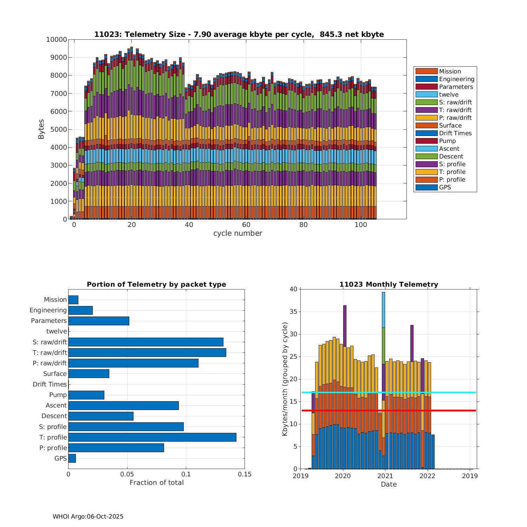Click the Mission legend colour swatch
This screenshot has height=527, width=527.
(x=427, y=71)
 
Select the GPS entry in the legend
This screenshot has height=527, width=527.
(x=445, y=187)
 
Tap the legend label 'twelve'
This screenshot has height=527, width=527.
(x=449, y=95)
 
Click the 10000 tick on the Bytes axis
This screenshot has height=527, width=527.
(x=57, y=39)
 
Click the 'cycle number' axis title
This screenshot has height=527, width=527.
(x=238, y=233)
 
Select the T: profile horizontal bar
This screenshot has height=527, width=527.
(x=152, y=437)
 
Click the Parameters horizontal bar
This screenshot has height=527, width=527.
(x=99, y=321)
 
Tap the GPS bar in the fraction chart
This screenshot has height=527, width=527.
(x=72, y=458)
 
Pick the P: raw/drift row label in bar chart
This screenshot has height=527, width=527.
(x=50, y=363)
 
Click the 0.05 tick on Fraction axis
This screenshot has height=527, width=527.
(x=127, y=474)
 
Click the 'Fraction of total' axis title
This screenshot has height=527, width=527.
(x=157, y=483)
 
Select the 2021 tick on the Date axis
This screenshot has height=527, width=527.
(x=385, y=476)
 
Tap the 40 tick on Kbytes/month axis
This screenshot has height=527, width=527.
(x=293, y=289)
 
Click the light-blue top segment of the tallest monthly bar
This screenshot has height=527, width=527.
(x=383, y=310)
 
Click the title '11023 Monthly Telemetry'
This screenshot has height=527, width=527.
(x=389, y=285)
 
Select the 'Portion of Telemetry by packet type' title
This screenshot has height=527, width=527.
(x=156, y=285)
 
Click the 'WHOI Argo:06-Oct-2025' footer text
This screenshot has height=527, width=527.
(x=88, y=516)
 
